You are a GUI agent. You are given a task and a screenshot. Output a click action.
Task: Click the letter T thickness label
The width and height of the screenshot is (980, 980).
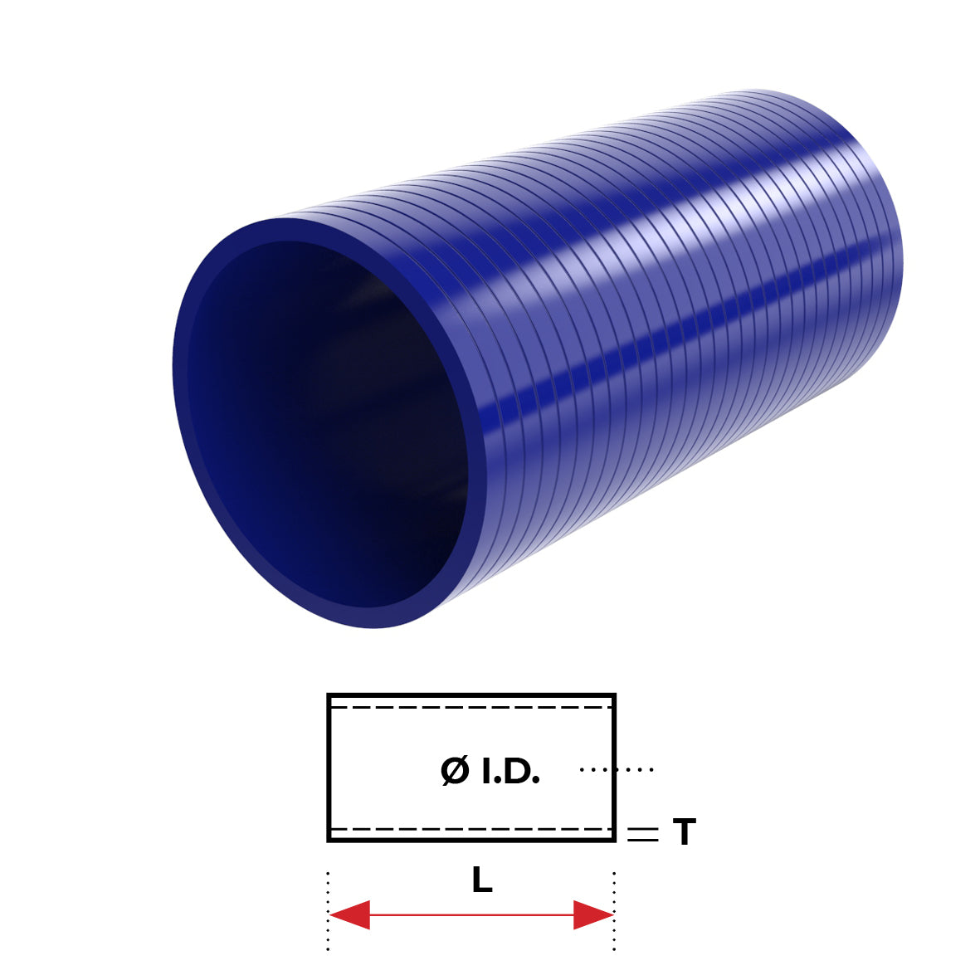pos(684,832)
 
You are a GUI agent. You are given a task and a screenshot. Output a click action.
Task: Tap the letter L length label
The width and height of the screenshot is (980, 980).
pos(481,880)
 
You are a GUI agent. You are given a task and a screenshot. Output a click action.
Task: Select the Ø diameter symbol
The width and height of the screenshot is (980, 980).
pos(455,772)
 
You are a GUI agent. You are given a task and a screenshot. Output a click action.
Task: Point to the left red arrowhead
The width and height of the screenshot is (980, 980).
pos(349,914)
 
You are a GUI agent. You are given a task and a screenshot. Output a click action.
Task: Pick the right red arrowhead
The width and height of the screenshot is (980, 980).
pos(593,914)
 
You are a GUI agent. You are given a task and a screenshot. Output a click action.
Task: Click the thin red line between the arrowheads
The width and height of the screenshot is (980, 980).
pos(471,914)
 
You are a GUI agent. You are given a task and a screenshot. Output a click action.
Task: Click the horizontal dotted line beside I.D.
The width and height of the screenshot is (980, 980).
pos(617,770)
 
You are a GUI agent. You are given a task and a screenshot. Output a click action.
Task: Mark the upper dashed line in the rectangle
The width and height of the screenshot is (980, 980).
pos(471,707)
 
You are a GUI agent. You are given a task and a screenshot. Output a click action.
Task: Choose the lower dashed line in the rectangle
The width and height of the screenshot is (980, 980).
pos(471,828)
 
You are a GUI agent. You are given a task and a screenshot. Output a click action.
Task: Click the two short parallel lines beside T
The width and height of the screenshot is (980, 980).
pos(642,835)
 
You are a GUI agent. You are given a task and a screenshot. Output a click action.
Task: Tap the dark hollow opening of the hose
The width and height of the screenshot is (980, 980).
pos(324,423)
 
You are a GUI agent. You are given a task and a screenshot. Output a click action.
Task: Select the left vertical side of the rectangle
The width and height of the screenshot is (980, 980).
pos(329,768)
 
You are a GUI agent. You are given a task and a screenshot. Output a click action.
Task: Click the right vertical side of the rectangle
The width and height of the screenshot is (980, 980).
pos(613,768)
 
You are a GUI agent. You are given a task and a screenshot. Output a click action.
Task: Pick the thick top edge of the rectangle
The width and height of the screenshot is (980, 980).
pos(471,695)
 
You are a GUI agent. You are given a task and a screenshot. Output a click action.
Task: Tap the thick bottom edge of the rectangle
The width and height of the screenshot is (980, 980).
pos(471,840)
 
